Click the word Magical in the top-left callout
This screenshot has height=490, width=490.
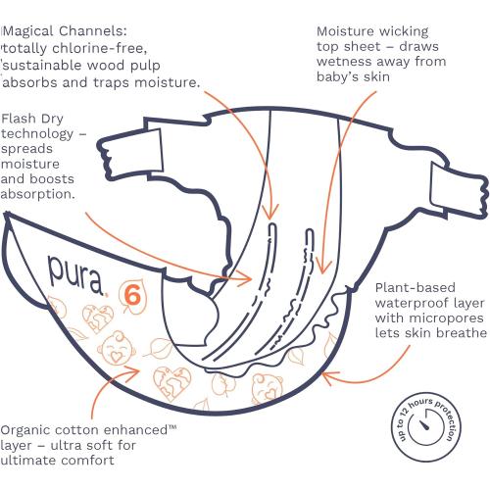click(29, 31)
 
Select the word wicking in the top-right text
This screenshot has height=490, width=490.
click(404, 31)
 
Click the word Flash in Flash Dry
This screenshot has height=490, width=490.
click(18, 119)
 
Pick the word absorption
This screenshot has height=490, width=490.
click(38, 194)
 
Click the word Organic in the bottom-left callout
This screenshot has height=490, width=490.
click(26, 430)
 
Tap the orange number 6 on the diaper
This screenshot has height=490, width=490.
click(132, 295)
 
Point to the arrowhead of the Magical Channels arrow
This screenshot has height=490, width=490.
click(269, 213)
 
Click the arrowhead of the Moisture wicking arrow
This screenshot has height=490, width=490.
click(322, 267)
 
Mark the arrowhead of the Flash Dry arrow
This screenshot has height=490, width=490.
click(245, 278)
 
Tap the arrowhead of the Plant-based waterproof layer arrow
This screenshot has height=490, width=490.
click(329, 376)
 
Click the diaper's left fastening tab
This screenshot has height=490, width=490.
click(130, 155)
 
